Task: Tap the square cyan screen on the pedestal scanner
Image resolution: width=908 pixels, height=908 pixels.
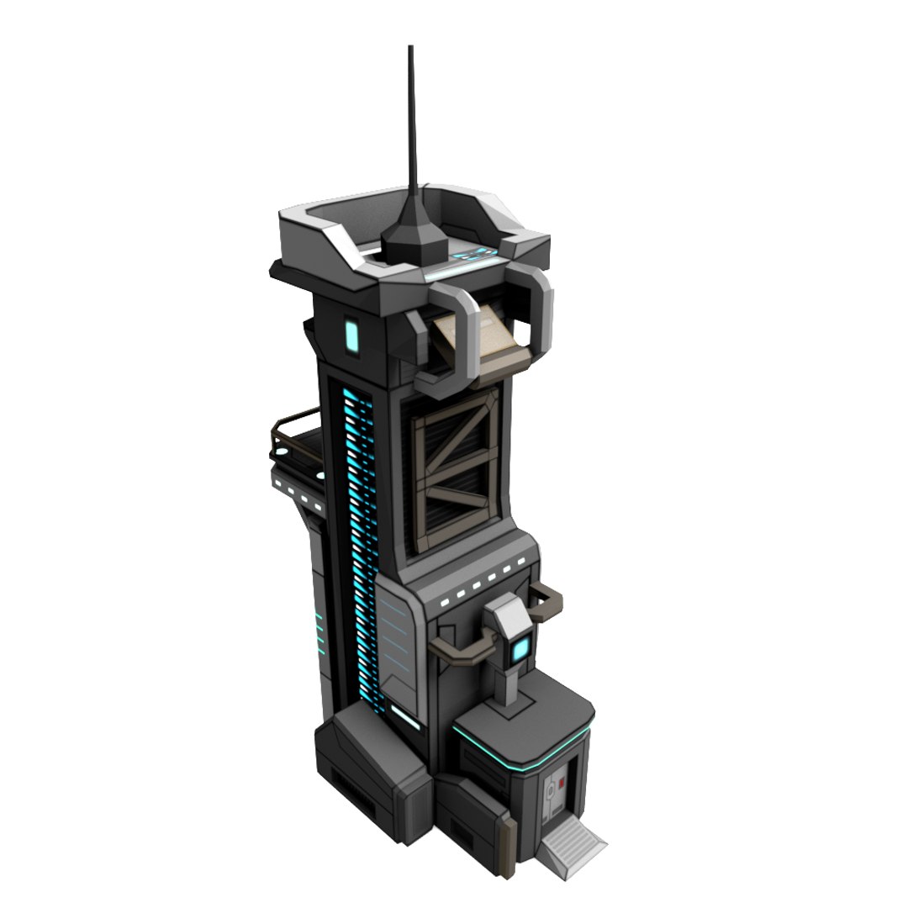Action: coord(521,648)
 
